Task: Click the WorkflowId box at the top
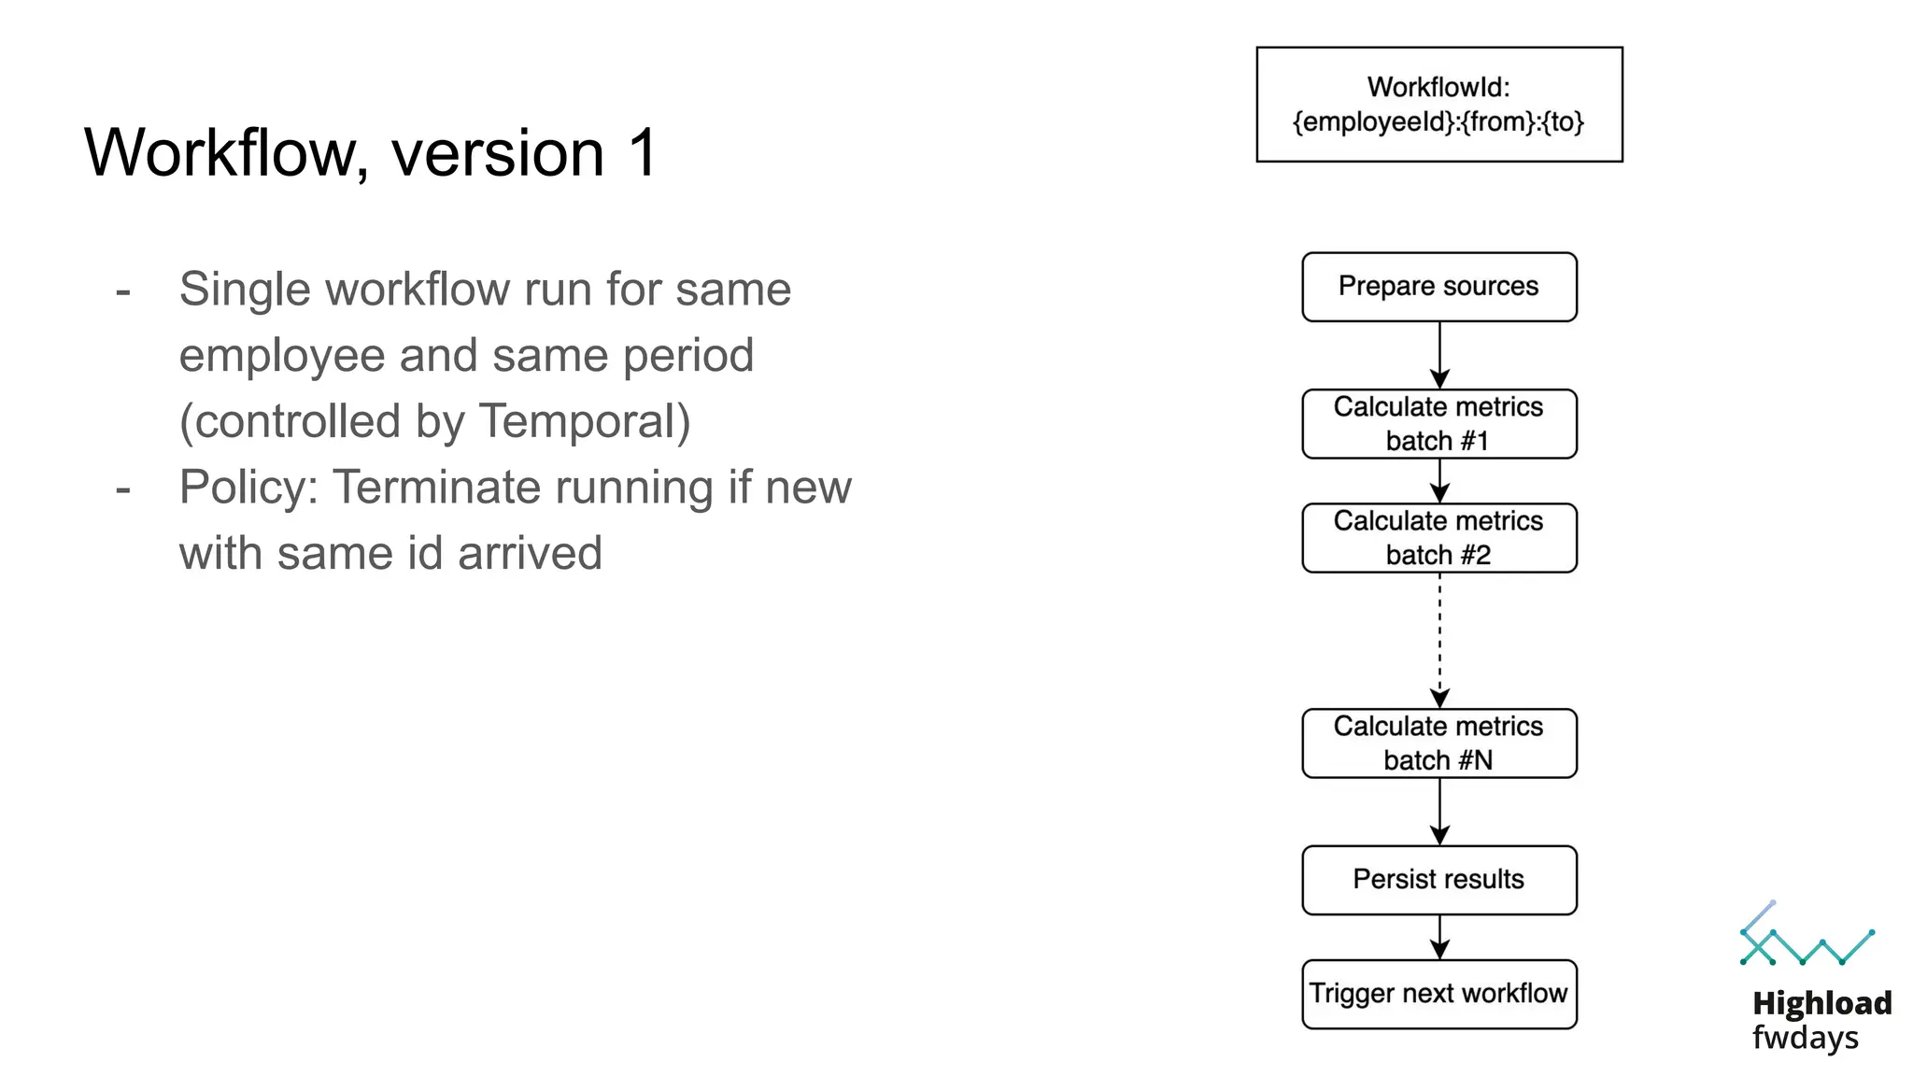coord(1438,105)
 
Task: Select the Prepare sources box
coord(1438,287)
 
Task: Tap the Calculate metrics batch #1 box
coord(1438,424)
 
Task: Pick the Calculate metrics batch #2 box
coord(1438,538)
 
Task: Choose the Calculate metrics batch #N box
coord(1438,743)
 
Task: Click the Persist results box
coord(1438,880)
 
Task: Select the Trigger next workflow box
coord(1438,994)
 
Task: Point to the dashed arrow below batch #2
coord(1439,640)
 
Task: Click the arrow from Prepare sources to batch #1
coord(1439,355)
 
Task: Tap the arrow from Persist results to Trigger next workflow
coord(1439,937)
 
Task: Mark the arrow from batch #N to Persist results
coord(1439,812)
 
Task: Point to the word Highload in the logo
coord(1821,1003)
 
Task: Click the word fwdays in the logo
coord(1805,1038)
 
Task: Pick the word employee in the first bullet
coord(282,356)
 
